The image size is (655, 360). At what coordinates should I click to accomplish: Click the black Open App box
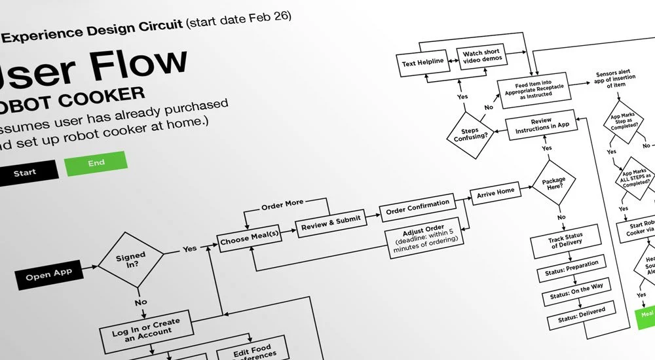tap(49, 276)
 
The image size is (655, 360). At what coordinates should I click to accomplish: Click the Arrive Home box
tap(496, 192)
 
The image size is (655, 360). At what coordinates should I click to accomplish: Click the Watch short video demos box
tap(483, 56)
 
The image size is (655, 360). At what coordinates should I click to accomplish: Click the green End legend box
tap(96, 164)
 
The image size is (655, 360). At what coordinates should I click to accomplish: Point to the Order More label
tap(282, 205)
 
